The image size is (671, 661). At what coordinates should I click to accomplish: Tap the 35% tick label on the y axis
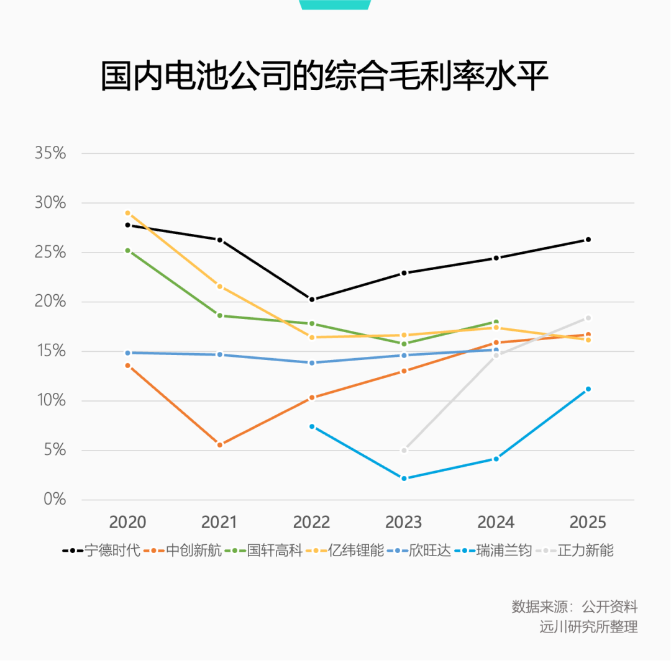pyautogui.click(x=50, y=153)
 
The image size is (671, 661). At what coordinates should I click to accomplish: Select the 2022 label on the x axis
pyautogui.click(x=311, y=522)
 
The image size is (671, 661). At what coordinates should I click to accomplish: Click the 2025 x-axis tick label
pyautogui.click(x=588, y=522)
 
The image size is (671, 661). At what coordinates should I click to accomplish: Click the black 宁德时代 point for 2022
pyautogui.click(x=312, y=300)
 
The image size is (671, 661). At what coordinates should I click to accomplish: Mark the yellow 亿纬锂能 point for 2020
pyautogui.click(x=128, y=213)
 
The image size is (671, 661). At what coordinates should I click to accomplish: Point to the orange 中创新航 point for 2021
pyautogui.click(x=220, y=445)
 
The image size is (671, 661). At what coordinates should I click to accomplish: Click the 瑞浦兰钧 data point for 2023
pyautogui.click(x=404, y=479)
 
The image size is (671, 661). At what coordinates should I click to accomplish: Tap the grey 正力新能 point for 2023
pyautogui.click(x=404, y=451)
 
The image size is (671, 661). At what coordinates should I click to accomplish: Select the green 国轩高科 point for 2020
pyautogui.click(x=128, y=251)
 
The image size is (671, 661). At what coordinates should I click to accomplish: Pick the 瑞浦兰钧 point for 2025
pyautogui.click(x=588, y=389)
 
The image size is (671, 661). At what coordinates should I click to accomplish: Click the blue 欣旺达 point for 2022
pyautogui.click(x=312, y=362)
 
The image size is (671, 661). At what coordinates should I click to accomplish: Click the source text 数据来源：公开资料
pyautogui.click(x=575, y=607)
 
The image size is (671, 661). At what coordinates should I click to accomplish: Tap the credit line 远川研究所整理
pyautogui.click(x=588, y=627)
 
